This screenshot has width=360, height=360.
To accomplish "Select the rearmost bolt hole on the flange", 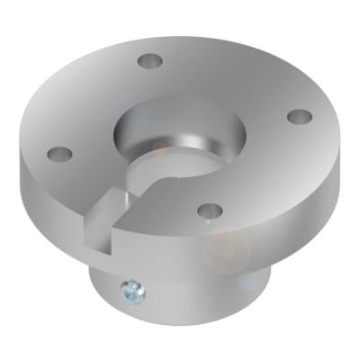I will (149, 61).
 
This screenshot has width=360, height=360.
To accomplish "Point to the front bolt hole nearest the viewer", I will (210, 210).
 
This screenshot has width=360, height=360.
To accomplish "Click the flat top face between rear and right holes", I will (234, 81).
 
